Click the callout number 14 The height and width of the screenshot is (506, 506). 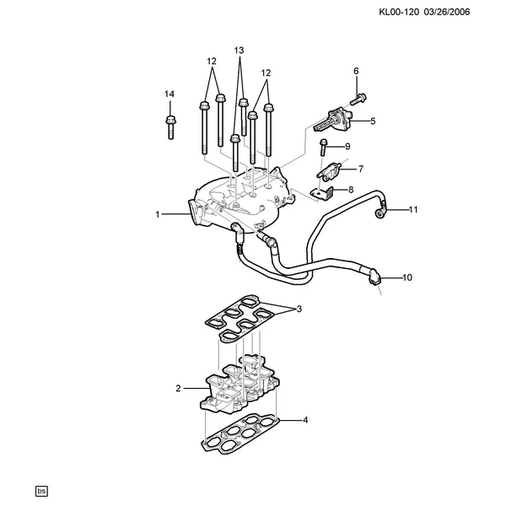click(x=170, y=94)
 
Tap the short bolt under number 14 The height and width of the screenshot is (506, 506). click(x=170, y=127)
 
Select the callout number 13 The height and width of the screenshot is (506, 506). click(x=239, y=51)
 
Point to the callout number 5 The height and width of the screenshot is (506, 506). click(x=373, y=121)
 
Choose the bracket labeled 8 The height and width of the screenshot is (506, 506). click(x=322, y=194)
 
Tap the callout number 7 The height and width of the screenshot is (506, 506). click(x=361, y=169)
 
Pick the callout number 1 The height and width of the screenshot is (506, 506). click(x=158, y=214)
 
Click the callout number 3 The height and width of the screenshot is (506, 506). click(x=299, y=310)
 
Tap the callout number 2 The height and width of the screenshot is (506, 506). click(x=178, y=388)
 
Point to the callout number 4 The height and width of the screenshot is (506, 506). click(x=305, y=420)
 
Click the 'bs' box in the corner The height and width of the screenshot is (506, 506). click(x=41, y=491)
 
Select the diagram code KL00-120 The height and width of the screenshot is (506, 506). click(x=399, y=13)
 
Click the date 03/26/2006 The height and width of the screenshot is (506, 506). click(x=447, y=13)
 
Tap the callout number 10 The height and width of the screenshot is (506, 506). click(x=407, y=277)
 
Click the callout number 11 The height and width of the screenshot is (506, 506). click(x=413, y=210)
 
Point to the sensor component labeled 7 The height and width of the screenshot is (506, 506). click(x=330, y=170)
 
